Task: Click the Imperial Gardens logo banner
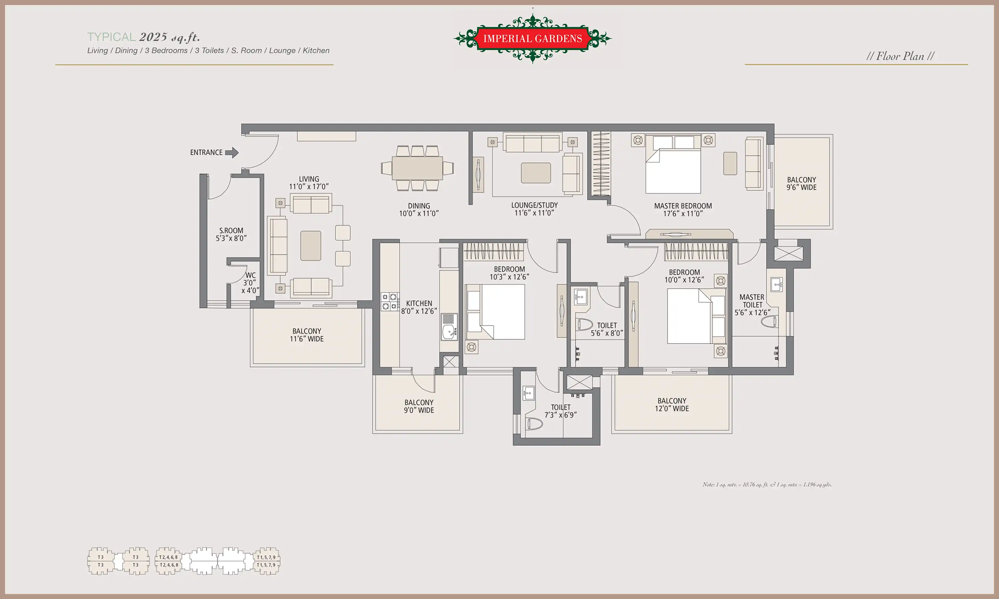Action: pos(532,38)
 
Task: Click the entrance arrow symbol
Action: pos(232,152)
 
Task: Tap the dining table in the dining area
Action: pos(417,168)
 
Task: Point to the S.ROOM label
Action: pos(231,231)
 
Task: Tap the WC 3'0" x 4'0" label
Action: pos(250,283)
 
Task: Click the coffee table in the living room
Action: pos(310,246)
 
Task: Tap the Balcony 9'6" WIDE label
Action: pos(801,183)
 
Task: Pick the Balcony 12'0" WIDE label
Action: pos(672,404)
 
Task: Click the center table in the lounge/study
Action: pos(536,173)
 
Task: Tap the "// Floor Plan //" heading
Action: pos(900,56)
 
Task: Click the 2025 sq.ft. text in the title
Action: pos(169,37)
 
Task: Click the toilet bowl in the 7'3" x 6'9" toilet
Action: pos(534,424)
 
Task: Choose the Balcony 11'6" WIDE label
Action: pos(307,335)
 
